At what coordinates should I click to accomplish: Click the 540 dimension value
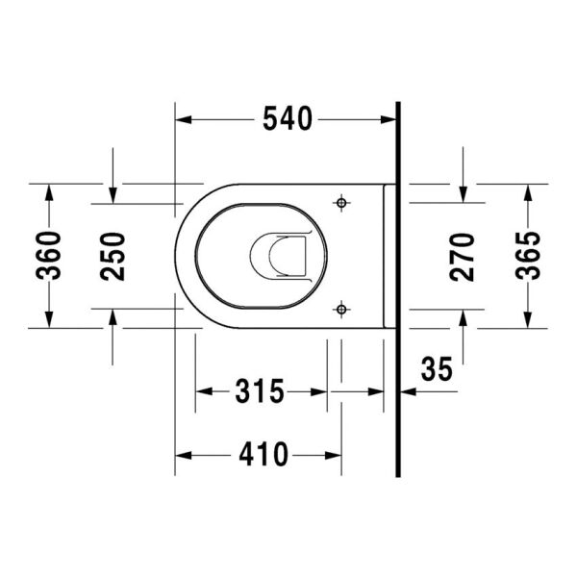pyautogui.click(x=287, y=119)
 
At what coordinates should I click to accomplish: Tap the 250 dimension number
pyautogui.click(x=113, y=256)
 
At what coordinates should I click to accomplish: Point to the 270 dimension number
pyautogui.click(x=464, y=256)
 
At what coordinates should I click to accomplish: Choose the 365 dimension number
pyautogui.click(x=527, y=256)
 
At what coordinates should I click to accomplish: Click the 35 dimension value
pyautogui.click(x=436, y=369)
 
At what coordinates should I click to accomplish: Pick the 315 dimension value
pyautogui.click(x=261, y=392)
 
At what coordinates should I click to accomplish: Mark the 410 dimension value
pyautogui.click(x=260, y=454)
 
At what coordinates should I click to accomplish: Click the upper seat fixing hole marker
pyautogui.click(x=340, y=203)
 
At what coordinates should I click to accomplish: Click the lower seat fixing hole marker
pyautogui.click(x=340, y=308)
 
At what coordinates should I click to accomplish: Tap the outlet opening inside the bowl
pyautogui.click(x=279, y=257)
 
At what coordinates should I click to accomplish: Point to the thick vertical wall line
pyautogui.click(x=396, y=288)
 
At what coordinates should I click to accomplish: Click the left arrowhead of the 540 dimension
pyautogui.click(x=183, y=119)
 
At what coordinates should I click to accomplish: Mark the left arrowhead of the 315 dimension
pyautogui.click(x=203, y=392)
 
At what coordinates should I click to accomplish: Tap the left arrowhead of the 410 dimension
pyautogui.click(x=183, y=454)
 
